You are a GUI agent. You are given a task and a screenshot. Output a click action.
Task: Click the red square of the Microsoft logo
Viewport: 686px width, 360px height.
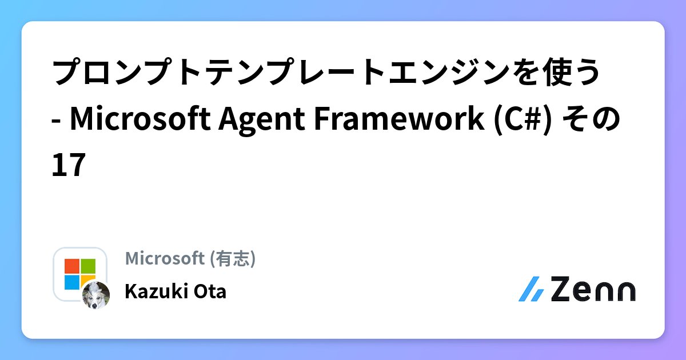[72, 266]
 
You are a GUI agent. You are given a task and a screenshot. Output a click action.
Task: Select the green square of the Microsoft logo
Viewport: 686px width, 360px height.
[88, 266]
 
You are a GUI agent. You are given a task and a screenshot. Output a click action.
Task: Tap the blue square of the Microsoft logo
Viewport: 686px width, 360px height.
[71, 282]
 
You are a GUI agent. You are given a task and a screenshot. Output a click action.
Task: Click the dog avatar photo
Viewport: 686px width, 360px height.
[95, 295]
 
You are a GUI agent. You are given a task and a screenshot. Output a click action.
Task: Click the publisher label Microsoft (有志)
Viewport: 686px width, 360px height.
[190, 259]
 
